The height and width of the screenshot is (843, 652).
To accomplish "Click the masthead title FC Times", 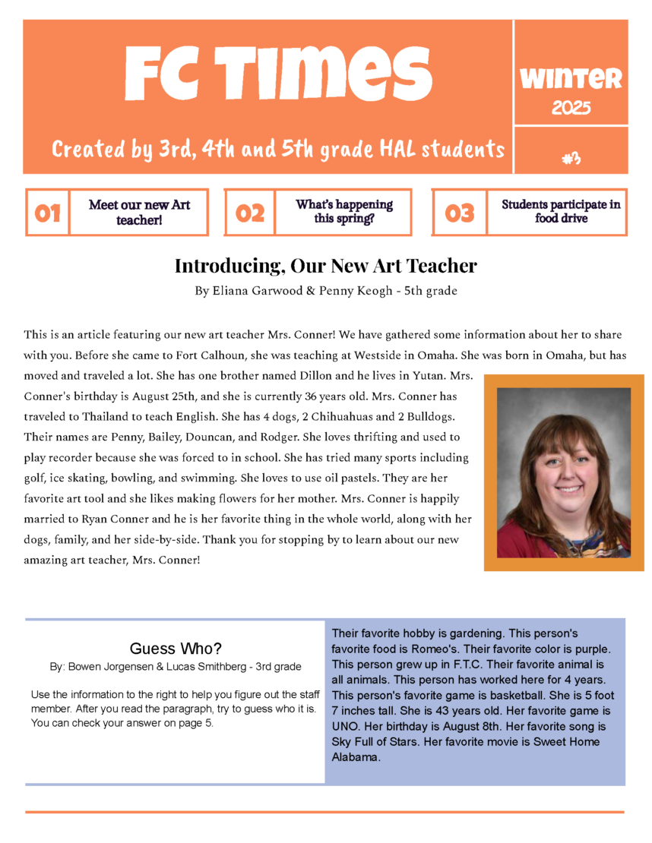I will pos(278,74).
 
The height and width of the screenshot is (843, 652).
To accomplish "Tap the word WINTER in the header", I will pos(571,78).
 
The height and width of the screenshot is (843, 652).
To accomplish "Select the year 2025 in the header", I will pos(571,109).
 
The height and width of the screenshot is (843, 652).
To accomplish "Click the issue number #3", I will pos(571,158).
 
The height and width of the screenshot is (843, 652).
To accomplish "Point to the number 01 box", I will pos(47,213).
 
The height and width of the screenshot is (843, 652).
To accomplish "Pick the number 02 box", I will pos(250,213).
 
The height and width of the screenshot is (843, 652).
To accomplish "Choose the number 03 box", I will pos(459,213).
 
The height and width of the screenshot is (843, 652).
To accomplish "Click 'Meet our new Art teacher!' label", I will pos(139,212).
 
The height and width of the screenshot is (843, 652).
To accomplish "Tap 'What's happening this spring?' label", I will pos(344,212).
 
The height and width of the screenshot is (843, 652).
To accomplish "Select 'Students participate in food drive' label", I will pos(561,212).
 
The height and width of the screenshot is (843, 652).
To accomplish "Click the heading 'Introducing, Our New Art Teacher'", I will pos(326,266).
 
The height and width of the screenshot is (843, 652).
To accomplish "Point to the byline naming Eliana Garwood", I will pos(326,290).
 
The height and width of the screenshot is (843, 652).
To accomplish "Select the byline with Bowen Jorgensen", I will pos(176,667).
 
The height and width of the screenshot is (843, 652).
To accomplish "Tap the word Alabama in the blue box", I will pos(356,757).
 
